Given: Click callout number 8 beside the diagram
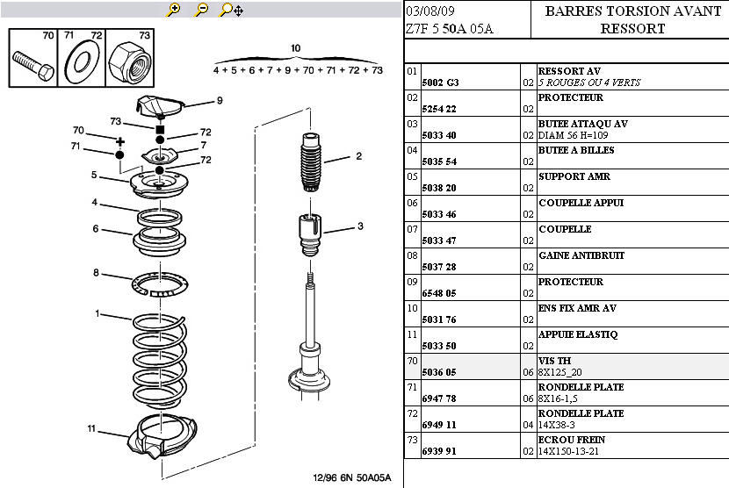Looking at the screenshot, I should click(97, 273).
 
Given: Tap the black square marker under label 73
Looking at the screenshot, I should click(160, 128).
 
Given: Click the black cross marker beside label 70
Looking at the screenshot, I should click(120, 140).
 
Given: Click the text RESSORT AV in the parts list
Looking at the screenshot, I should click(569, 71).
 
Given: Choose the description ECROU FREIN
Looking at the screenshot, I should click(572, 440).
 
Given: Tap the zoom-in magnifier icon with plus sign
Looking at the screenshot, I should click(173, 10).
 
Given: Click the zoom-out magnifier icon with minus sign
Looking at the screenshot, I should click(201, 10).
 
